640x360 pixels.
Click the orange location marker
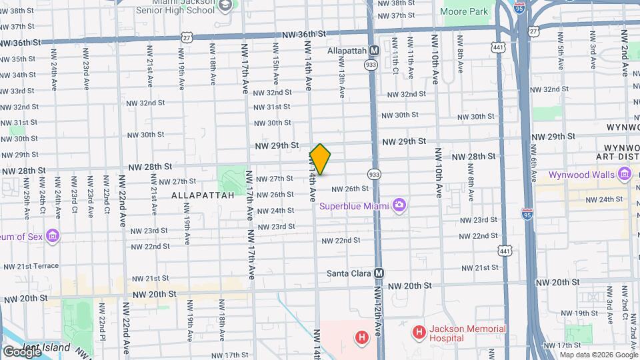pyautogui.click(x=320, y=159)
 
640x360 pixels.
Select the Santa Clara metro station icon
pyautogui.click(x=379, y=273)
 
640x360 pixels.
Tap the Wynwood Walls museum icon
pyautogui.click(x=624, y=175)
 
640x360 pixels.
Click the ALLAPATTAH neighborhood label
pyautogui.click(x=203, y=195)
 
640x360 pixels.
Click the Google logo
pyautogui.click(x=21, y=351)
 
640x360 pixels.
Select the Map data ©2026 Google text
pyautogui.click(x=599, y=355)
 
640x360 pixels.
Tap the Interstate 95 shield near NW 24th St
pyautogui.click(x=527, y=214)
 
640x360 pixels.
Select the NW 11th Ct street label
pyautogui.click(x=395, y=60)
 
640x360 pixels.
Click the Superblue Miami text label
pyautogui.click(x=353, y=205)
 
